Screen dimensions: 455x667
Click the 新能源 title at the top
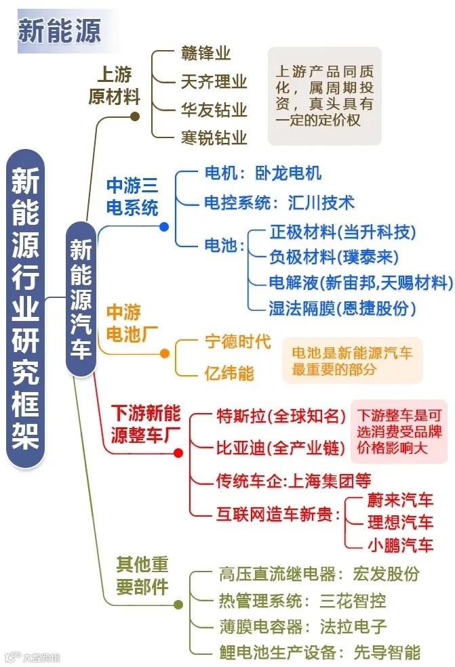coord(60,31)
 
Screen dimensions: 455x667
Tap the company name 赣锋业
coord(206,53)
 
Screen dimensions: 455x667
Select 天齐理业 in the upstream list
coord(214,82)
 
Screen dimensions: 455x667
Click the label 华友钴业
coord(214,110)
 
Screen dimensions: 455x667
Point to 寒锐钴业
coord(214,138)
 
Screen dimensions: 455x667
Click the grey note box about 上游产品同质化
coord(324,95)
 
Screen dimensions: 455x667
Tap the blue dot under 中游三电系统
coord(164,227)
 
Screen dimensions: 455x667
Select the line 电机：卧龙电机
coord(262,173)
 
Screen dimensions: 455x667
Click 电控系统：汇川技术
coord(279,202)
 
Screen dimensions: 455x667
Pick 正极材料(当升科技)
coord(342,232)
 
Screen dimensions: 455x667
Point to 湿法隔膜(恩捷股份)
coord(342,308)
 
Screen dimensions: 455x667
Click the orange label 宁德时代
coord(237,342)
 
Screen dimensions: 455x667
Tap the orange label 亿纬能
coord(229,372)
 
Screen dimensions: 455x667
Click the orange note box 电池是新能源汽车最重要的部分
coord(352,360)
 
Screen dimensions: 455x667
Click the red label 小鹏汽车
coord(399,544)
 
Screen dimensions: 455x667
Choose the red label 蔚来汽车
coord(399,500)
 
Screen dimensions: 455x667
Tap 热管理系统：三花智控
coord(302,600)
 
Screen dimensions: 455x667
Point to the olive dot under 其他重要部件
coord(178,605)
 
